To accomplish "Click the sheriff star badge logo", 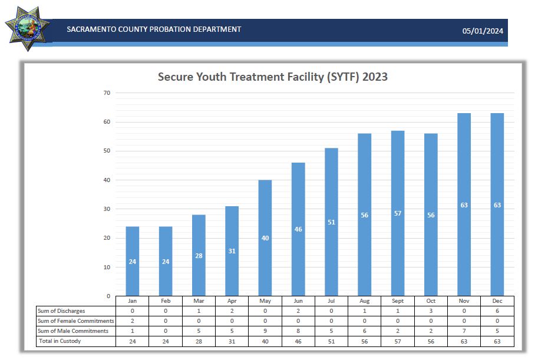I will pos(27,27).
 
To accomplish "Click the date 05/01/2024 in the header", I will pos(483,31).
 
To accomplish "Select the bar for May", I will pos(265,238).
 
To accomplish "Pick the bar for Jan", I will pos(133,261).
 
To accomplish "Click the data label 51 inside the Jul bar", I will pos(331,222).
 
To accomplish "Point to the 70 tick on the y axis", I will pos(107,93).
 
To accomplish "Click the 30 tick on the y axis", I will pos(107,209).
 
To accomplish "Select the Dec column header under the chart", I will pos(497,300).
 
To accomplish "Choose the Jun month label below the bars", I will pos(298,300).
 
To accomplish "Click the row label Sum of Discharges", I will pos(61,311).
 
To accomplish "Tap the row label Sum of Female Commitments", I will pos(75,321).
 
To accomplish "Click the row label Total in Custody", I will pos(60,341).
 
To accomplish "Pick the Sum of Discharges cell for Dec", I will pos(497,311).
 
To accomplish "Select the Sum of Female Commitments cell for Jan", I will pos(133,321).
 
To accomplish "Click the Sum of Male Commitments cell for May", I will pos(265,331).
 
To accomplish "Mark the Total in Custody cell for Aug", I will pos(365,341).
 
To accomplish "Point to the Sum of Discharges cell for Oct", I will pos(431,311).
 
